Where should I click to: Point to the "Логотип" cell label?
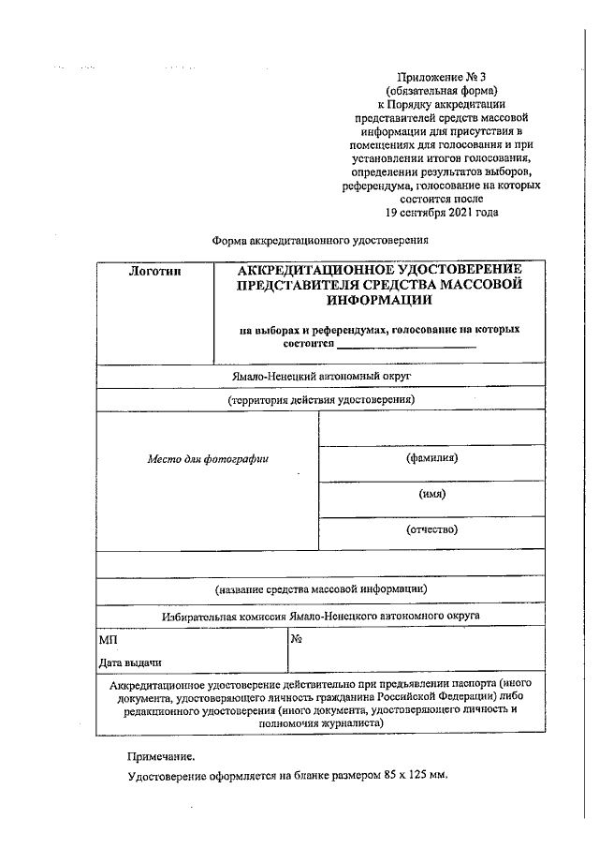(155, 271)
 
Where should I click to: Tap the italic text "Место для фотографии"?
(208, 459)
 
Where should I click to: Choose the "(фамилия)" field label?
(431, 458)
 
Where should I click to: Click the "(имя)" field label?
(431, 494)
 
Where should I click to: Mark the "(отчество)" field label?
(431, 529)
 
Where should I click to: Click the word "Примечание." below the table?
(162, 754)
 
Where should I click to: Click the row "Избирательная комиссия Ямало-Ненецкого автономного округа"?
(321, 617)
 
